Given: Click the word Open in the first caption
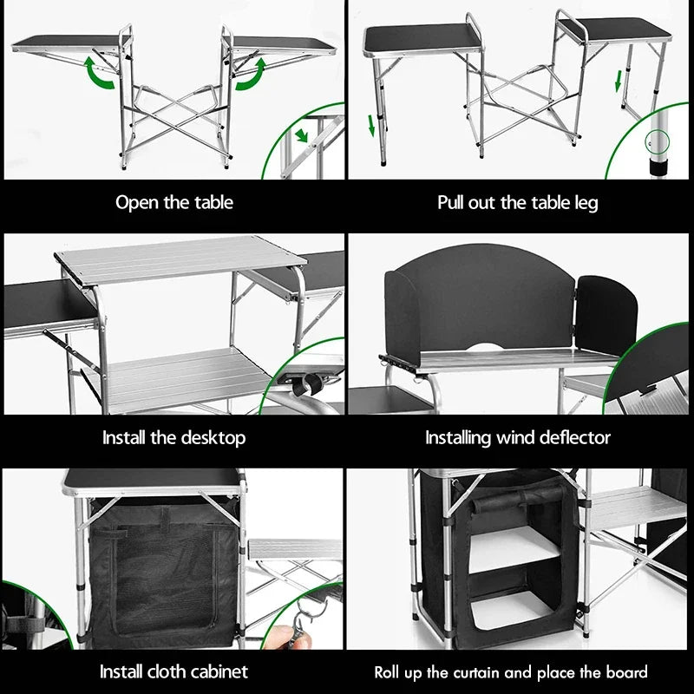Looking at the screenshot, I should click(137, 203).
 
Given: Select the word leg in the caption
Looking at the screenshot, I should click(584, 203).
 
